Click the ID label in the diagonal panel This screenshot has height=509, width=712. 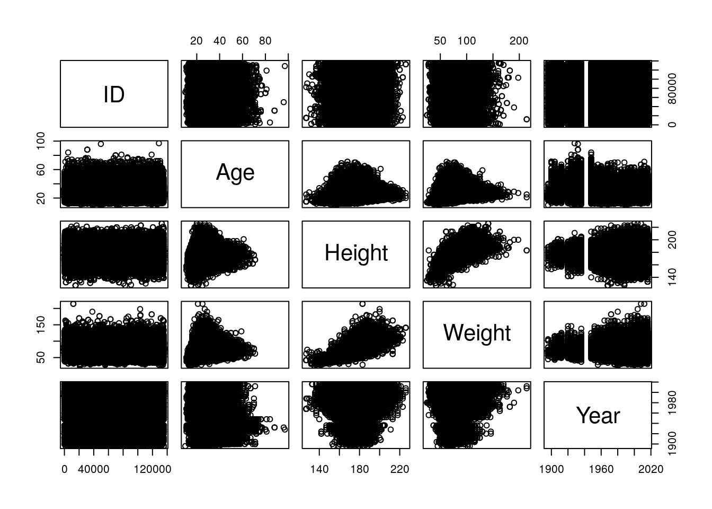(x=114, y=94)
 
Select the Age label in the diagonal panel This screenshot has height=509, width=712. (x=235, y=173)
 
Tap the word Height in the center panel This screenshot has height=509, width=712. (x=356, y=253)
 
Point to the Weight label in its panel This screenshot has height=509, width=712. (x=477, y=333)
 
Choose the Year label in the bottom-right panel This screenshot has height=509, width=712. (x=598, y=416)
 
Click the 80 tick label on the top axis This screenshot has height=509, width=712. (x=265, y=41)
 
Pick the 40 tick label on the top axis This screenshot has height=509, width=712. (x=219, y=41)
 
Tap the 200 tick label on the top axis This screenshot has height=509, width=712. (x=519, y=41)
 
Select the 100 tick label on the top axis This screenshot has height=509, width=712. (x=467, y=41)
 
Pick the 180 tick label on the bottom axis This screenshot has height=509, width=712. (x=359, y=469)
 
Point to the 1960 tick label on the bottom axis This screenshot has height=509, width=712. (x=601, y=469)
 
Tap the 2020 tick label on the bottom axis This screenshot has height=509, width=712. (x=651, y=469)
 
